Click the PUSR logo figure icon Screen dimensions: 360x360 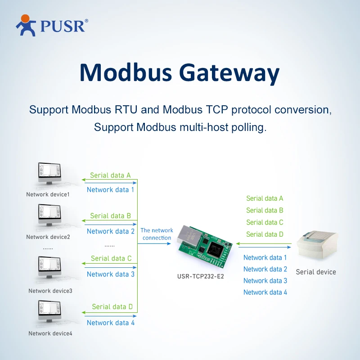pos(26,25)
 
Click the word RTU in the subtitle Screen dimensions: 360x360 pos(126,109)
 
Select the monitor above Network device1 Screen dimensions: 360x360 pos(49,173)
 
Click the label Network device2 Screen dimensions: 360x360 pos(48,237)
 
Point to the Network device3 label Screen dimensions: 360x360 pos(50,291)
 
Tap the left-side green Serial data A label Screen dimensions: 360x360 pos(110,175)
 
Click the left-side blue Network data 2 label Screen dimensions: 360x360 pos(110,231)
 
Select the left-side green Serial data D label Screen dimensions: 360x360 pos(112,307)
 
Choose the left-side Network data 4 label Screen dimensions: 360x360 pos(110,323)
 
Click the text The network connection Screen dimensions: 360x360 pos(157,234)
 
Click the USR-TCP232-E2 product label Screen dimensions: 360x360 pos(200,276)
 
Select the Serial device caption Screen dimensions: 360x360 pos(316,272)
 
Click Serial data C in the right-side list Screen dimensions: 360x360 pos(265,222)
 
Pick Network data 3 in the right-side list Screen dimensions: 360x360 pos(265,280)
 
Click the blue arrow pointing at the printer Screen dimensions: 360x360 pos(265,247)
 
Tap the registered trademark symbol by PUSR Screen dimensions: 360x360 pos(86,21)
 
